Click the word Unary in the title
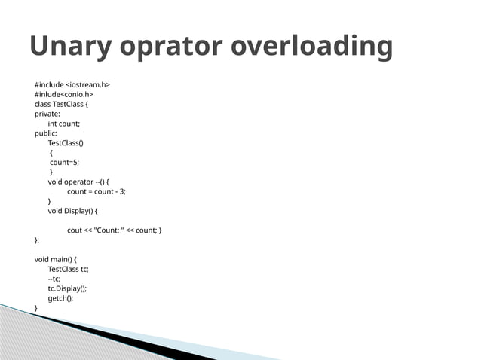(72, 47)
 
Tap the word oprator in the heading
(172, 47)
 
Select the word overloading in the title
(312, 47)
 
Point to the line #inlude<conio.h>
(64, 94)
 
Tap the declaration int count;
(64, 124)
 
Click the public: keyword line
(46, 133)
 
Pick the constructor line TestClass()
(66, 142)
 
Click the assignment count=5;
(64, 162)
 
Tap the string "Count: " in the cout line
(112, 230)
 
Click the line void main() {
(56, 259)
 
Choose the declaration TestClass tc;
(69, 269)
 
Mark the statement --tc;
(54, 279)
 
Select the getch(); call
(61, 298)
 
